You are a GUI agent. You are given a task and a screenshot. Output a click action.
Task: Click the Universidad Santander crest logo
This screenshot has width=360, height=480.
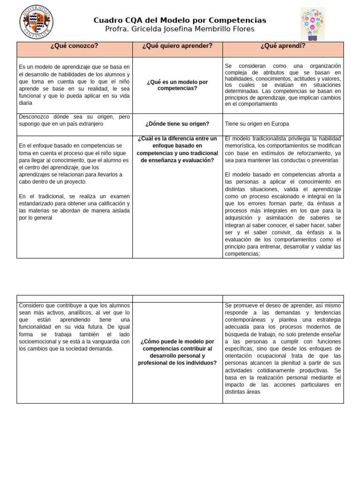[36, 22]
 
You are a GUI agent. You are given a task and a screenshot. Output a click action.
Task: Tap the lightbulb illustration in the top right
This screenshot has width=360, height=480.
[313, 24]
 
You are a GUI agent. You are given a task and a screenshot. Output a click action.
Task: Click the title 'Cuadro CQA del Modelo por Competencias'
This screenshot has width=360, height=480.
[180, 20]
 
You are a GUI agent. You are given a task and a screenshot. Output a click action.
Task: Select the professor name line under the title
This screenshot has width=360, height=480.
[180, 30]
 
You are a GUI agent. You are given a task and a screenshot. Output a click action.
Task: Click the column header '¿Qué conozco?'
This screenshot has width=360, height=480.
[75, 46]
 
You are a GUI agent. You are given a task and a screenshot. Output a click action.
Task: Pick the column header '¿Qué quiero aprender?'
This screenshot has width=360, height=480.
[177, 46]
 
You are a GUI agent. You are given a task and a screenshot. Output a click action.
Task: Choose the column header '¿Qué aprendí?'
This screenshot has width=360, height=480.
[283, 46]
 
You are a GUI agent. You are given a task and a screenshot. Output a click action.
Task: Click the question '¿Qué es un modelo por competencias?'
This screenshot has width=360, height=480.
[177, 85]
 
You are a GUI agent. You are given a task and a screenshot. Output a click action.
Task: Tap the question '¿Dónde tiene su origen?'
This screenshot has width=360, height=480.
[177, 124]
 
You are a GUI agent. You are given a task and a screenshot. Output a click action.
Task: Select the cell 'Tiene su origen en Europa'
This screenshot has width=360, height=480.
[257, 124]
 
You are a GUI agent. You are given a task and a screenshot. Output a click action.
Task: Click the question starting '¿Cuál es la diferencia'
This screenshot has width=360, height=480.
[177, 150]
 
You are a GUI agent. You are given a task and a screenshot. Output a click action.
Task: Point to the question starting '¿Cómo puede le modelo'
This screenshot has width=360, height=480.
[177, 352]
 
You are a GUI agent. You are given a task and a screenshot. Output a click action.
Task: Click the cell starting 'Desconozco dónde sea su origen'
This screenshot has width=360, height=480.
[75, 120]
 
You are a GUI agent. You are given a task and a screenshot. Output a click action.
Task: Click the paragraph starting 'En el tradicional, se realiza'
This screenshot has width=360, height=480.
[75, 207]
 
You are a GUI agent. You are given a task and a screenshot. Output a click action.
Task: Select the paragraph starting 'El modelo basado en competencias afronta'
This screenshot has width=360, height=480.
[283, 214]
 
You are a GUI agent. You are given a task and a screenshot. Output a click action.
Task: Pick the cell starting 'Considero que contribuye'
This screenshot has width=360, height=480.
[75, 327]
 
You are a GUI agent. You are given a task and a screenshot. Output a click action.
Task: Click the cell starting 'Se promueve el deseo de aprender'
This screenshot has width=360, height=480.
[283, 349]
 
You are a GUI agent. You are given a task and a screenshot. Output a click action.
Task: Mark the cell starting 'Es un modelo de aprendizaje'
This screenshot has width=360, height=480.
[75, 85]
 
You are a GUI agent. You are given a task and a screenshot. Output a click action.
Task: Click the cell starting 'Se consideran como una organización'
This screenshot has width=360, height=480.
[283, 85]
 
